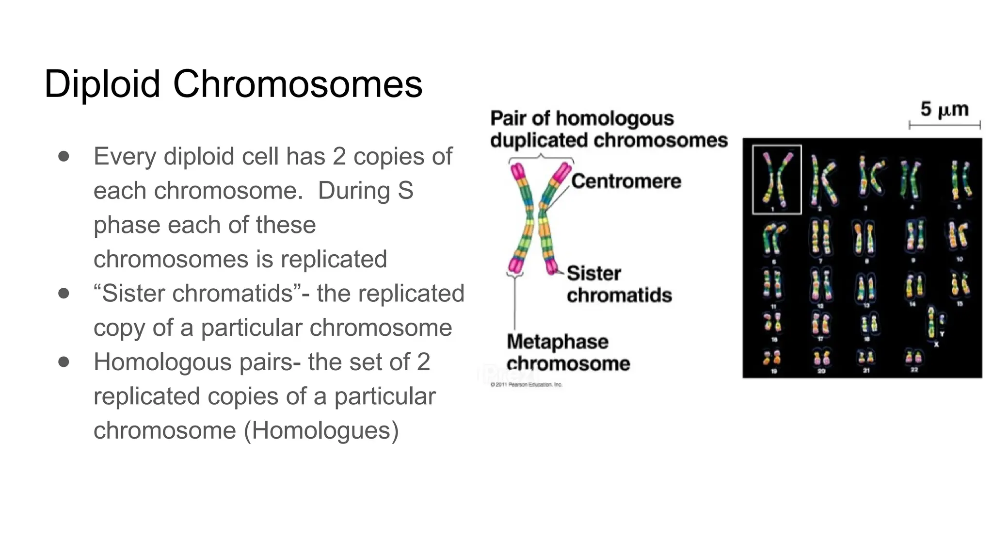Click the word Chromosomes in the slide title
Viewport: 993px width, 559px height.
297,84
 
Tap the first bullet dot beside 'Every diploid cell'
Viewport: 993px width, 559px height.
64,156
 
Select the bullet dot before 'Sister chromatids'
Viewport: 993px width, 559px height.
64,293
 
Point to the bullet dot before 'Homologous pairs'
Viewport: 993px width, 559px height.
64,362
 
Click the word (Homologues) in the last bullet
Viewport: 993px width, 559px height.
321,430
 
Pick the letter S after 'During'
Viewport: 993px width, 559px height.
405,191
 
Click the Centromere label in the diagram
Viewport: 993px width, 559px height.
626,181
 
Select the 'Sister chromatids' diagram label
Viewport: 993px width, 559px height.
619,284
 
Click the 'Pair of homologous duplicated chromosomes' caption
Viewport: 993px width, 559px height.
609,129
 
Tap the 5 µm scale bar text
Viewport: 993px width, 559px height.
945,109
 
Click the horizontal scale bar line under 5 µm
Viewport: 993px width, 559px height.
945,125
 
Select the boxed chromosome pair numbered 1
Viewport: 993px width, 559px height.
777,179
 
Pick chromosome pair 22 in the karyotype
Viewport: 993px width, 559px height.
913,358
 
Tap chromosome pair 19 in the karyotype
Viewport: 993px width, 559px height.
772,358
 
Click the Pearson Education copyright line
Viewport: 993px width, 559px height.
527,385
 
